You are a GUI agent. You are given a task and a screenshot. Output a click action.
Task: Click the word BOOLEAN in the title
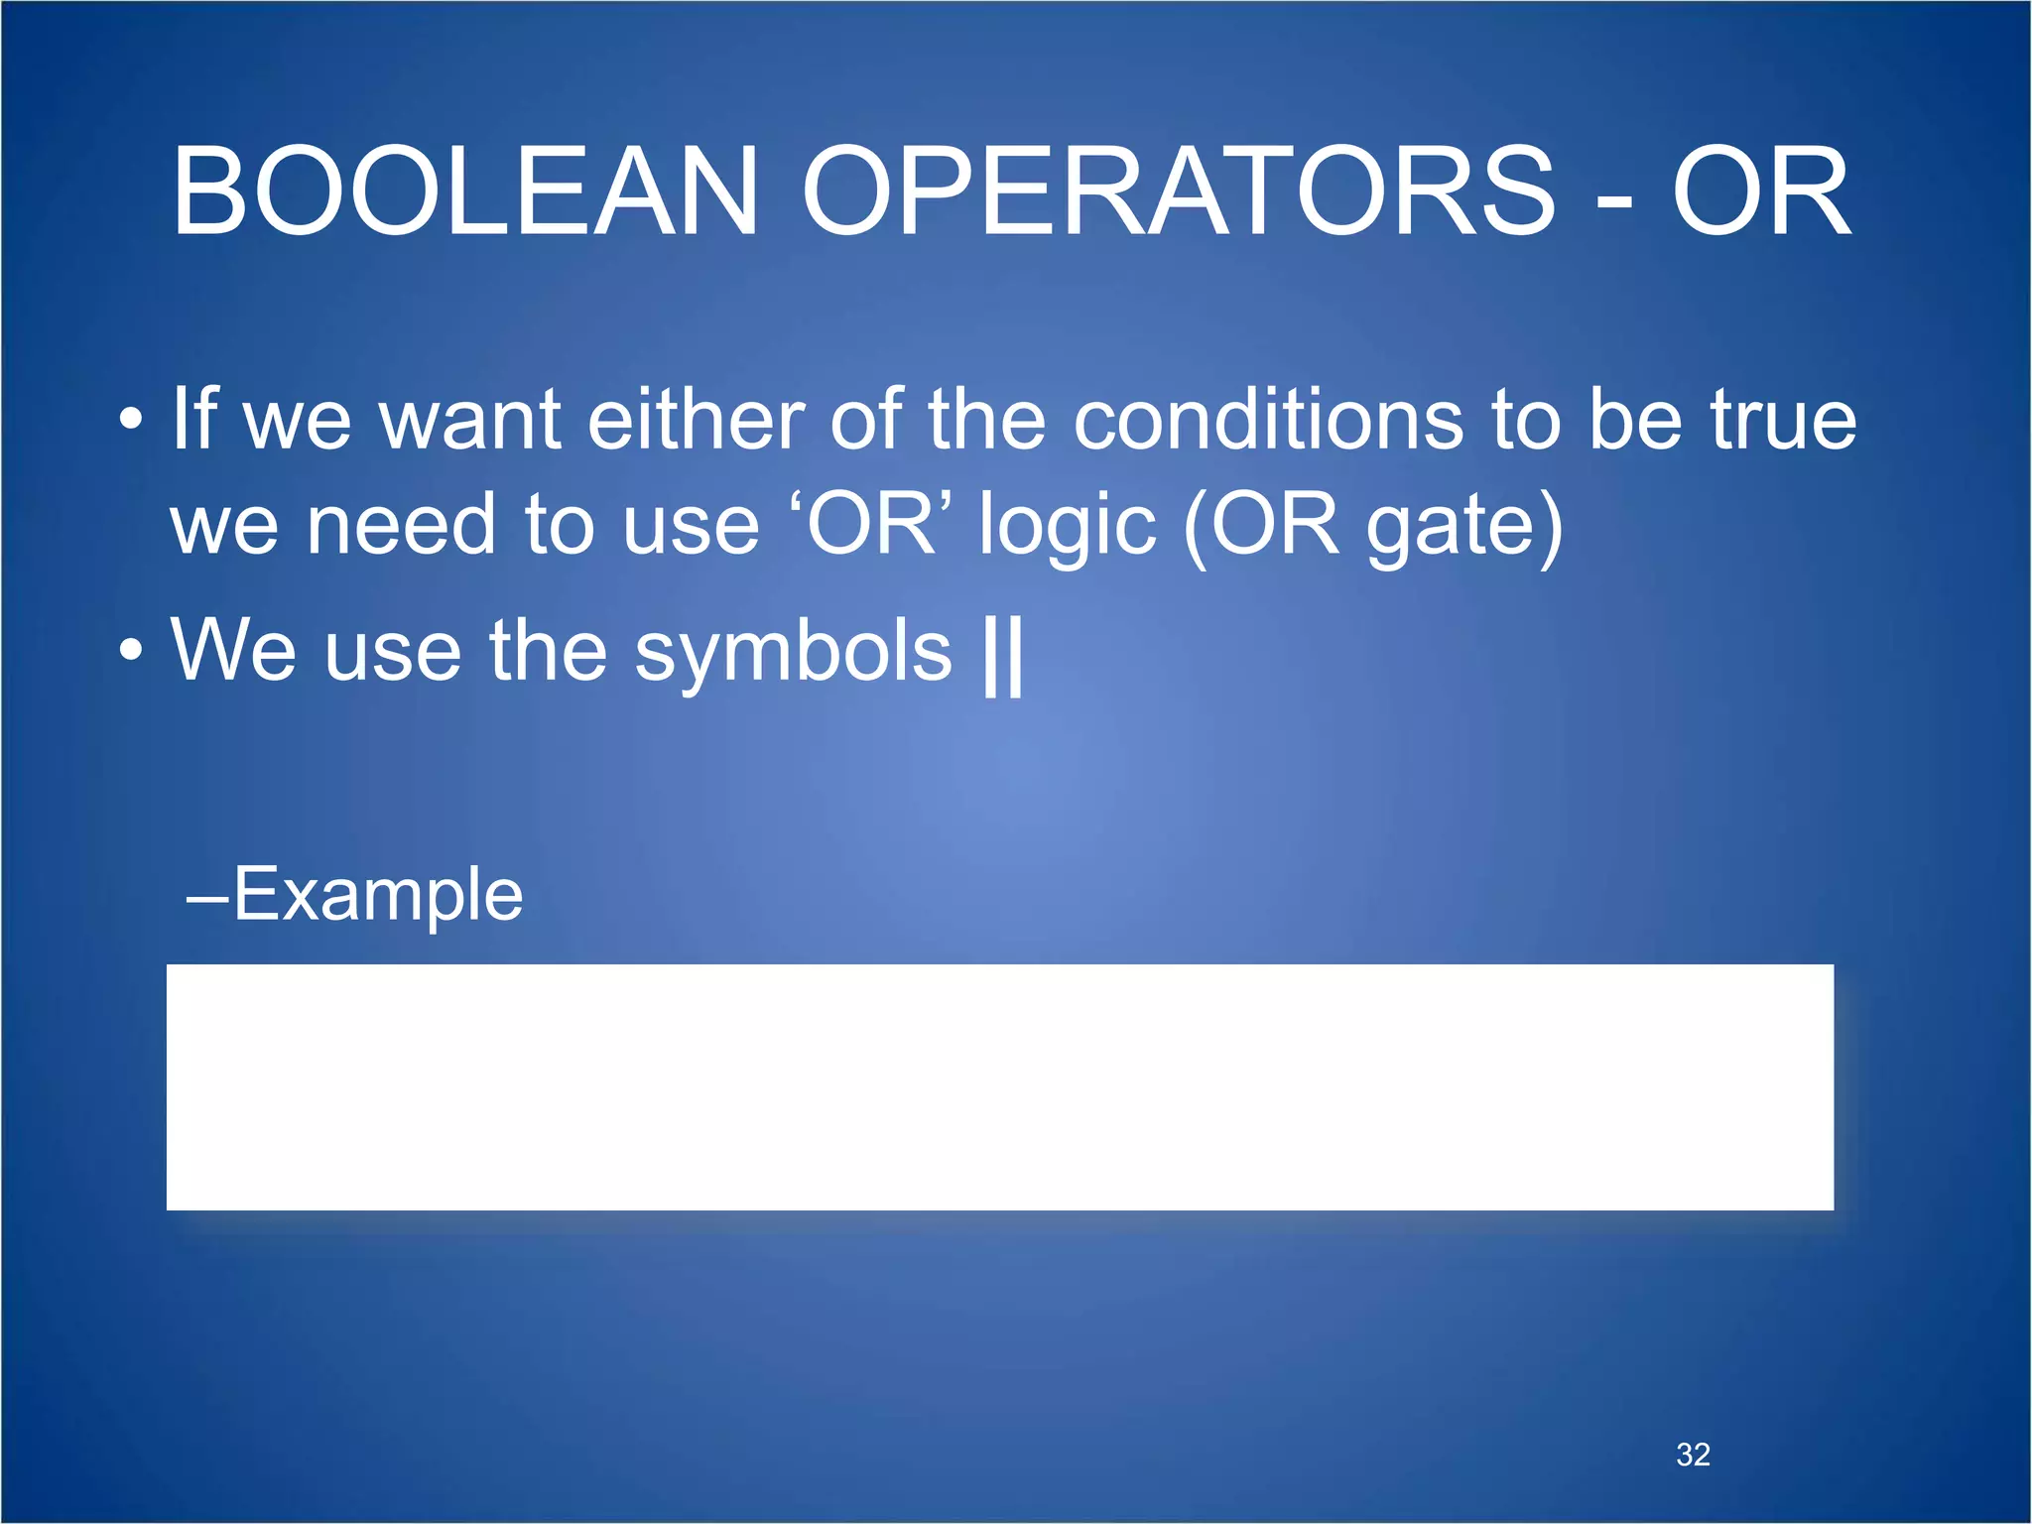click(x=464, y=190)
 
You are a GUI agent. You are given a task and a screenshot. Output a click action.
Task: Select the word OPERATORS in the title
click(x=1178, y=190)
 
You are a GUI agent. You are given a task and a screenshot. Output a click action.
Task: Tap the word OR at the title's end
click(x=1761, y=190)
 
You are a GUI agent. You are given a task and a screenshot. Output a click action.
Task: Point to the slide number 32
click(x=1693, y=1455)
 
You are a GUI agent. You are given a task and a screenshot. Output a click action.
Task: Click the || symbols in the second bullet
click(x=1002, y=655)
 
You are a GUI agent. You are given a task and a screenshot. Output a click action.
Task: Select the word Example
click(x=377, y=894)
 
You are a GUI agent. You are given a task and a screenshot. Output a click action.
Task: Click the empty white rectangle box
click(x=999, y=1086)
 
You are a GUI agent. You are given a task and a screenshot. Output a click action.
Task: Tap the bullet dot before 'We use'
click(x=131, y=651)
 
